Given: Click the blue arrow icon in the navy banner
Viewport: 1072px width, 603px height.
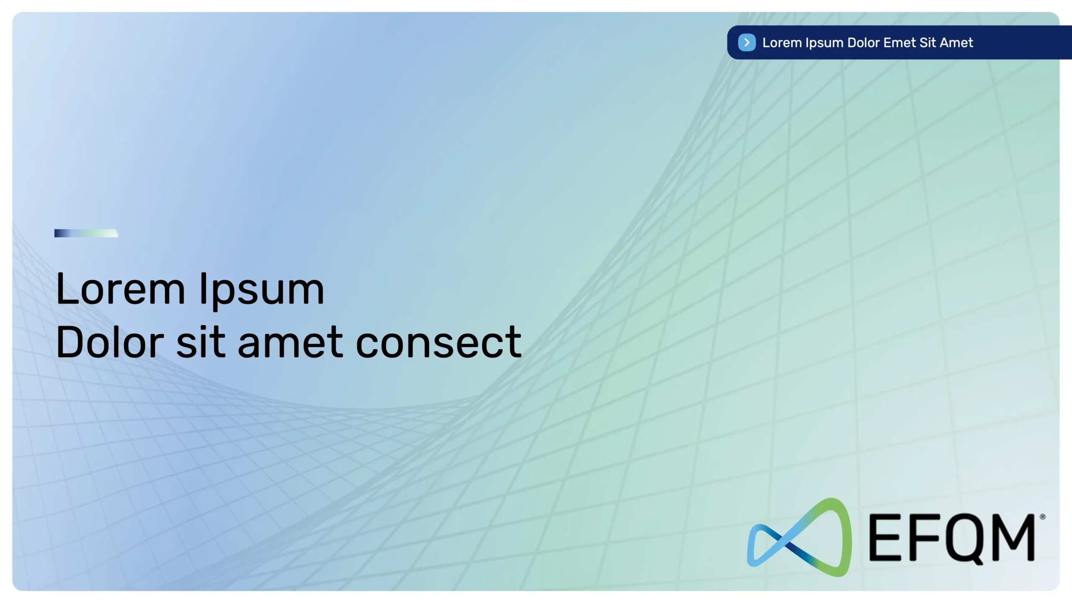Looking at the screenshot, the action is coord(747,42).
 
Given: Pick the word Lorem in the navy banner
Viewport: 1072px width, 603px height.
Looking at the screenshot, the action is coord(782,42).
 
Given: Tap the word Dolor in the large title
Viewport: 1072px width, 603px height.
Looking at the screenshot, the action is coord(110,342).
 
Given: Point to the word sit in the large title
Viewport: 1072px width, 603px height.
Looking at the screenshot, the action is coord(201,342).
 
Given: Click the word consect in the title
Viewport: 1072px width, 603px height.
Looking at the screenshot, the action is coord(439,343).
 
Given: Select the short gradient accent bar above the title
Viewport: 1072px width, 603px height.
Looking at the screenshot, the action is coord(86,233).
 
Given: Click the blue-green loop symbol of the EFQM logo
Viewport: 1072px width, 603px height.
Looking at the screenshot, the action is coord(799,537).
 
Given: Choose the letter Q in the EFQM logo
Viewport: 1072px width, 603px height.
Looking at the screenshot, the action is coord(964,540).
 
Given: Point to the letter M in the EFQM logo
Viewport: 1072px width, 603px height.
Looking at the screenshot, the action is coord(1013,538).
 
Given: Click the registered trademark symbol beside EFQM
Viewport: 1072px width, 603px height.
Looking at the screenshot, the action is coord(1043,517).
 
